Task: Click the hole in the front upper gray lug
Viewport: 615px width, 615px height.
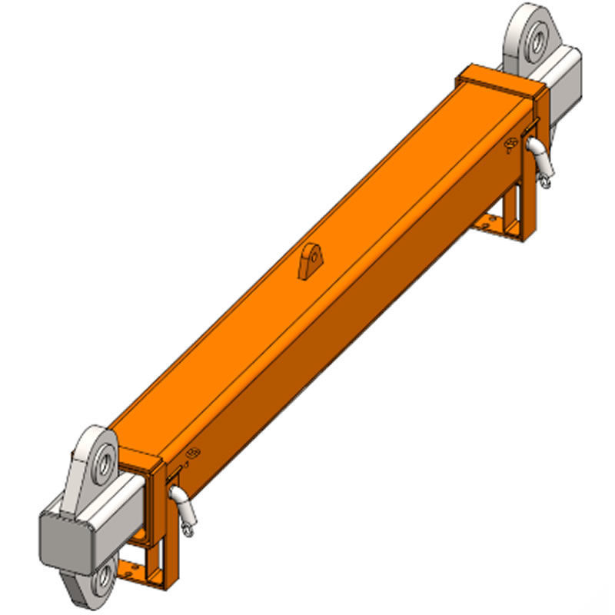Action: tap(101, 463)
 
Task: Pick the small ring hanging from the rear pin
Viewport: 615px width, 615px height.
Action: tap(545, 181)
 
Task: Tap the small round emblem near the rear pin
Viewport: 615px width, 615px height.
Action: tap(510, 144)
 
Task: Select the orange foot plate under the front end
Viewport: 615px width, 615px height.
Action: tap(138, 569)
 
